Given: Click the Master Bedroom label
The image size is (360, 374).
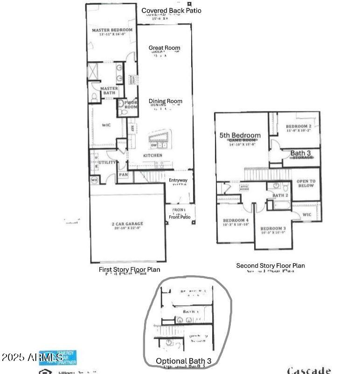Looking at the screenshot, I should [x=112, y=30].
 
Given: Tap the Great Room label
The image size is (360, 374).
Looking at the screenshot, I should [x=164, y=48].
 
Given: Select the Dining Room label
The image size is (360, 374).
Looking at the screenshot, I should [x=166, y=101].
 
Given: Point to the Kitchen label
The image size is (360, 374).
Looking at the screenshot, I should [x=152, y=155].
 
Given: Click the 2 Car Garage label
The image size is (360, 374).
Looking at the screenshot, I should [x=127, y=225].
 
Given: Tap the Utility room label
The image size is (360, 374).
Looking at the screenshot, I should [x=107, y=162].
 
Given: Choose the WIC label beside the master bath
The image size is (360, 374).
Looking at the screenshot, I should [x=106, y=125].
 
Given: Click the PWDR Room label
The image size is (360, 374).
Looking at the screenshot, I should [x=131, y=104].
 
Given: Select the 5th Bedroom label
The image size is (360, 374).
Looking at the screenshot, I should [x=240, y=135].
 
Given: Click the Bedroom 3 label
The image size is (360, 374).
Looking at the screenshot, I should [x=273, y=229].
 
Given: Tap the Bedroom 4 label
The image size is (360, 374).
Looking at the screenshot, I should [x=235, y=220].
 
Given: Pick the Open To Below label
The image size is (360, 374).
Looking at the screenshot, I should [x=306, y=183].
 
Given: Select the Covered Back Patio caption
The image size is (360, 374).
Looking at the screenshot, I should [x=171, y=10].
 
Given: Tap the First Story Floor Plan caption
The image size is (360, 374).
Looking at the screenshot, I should [x=130, y=270].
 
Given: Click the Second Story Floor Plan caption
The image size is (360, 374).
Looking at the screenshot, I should [x=270, y=265].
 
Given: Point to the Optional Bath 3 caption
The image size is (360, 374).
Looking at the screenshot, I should [x=187, y=360].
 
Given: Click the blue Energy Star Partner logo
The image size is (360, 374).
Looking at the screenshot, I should [x=58, y=357].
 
